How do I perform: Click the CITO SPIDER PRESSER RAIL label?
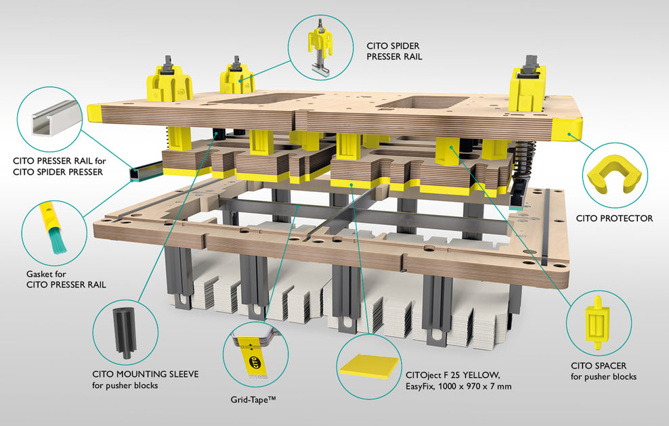click(394, 51)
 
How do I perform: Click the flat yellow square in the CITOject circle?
click(369, 366)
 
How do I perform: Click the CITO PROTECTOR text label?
click(614, 218)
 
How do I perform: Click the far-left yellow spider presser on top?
click(169, 81)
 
